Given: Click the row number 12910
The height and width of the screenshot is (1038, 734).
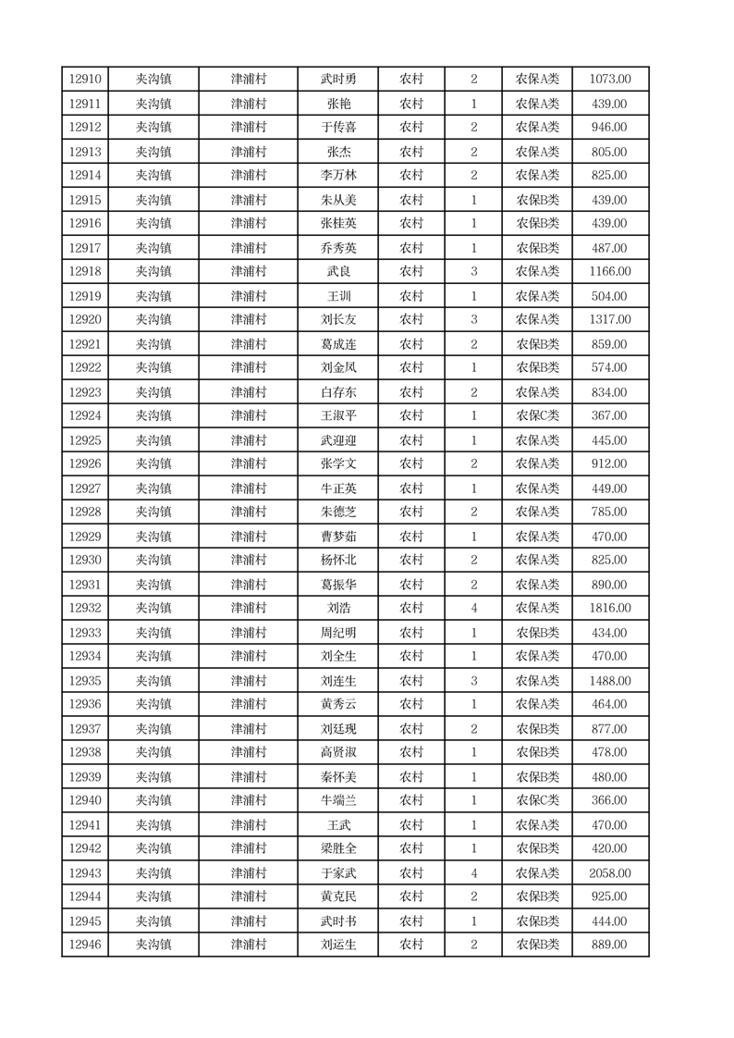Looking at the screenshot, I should [x=85, y=80].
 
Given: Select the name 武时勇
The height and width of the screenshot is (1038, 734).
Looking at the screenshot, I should [x=338, y=80].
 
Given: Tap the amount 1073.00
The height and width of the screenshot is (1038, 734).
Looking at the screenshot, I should [x=610, y=80].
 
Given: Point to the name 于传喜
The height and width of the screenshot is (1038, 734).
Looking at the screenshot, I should [x=338, y=128].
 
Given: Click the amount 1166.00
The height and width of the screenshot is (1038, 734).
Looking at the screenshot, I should [x=610, y=272].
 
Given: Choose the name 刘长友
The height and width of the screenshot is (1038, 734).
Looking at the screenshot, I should [x=338, y=320].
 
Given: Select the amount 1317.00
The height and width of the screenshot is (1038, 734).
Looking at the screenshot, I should [x=610, y=320].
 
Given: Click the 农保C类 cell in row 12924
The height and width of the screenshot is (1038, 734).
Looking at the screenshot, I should [x=537, y=416].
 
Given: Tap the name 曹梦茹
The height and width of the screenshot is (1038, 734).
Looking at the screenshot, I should [x=338, y=537].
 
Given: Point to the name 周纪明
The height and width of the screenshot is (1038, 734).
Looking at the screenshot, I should [x=338, y=633].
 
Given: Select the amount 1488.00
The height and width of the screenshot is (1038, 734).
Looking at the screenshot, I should [x=610, y=681].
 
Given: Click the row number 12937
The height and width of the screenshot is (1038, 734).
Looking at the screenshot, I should [x=85, y=729].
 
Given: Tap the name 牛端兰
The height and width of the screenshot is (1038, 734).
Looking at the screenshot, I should [x=338, y=801].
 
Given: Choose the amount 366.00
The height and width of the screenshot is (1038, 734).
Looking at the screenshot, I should [x=610, y=801].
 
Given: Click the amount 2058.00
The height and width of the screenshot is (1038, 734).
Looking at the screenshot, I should [x=610, y=873].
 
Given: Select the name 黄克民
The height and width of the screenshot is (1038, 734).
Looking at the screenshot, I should [x=338, y=897].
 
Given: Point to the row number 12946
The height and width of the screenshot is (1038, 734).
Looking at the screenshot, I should [x=85, y=945].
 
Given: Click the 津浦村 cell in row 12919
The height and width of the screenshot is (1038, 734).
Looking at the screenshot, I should [x=248, y=296].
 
